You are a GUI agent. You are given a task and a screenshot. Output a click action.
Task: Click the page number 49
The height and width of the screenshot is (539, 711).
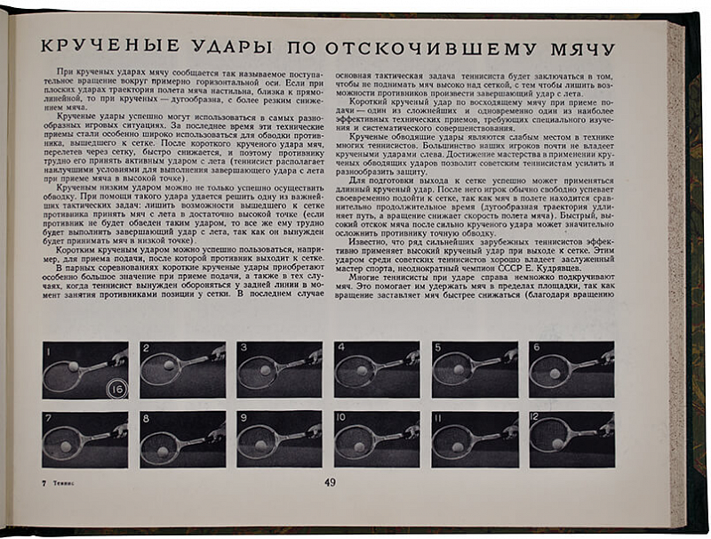(x=329, y=483)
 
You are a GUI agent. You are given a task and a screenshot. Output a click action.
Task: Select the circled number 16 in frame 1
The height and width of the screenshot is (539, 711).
(x=116, y=388)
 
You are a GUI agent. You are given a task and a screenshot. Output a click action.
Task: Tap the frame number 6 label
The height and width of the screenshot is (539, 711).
(x=535, y=348)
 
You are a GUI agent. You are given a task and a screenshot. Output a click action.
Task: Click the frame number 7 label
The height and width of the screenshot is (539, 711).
(x=48, y=417)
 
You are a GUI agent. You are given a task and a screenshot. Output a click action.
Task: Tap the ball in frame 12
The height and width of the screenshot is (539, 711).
(x=556, y=443)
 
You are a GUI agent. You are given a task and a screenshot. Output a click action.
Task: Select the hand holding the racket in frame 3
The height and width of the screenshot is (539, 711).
(x=315, y=356)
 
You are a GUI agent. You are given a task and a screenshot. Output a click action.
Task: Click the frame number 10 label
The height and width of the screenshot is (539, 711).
(x=341, y=417)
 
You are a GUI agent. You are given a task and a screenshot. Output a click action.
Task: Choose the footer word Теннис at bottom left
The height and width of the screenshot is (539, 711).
(x=60, y=483)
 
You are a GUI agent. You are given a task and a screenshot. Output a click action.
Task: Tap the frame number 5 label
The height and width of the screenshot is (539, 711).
(x=437, y=348)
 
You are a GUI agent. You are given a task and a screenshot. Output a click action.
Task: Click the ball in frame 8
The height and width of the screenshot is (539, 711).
(x=163, y=451)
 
